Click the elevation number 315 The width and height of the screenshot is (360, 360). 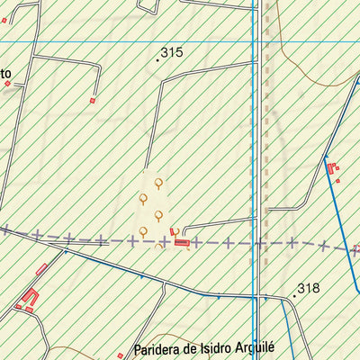point(172,53)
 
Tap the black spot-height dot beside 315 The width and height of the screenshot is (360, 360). point(157,59)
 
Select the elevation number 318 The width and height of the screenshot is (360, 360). point(309,289)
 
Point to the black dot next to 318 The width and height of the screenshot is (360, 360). point(294,294)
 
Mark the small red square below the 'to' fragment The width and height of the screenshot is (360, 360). point(7,84)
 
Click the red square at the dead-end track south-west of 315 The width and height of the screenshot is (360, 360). point(92,101)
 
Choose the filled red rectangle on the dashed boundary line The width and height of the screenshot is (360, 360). point(182,242)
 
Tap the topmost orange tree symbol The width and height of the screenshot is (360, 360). point(158,183)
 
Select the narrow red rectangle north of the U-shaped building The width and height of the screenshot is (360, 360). point(41,269)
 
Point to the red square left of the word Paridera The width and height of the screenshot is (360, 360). point(120,355)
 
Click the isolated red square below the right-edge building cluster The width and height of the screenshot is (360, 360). point(337,181)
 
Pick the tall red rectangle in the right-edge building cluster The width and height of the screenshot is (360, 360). point(329,167)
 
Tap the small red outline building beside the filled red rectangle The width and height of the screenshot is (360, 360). point(173,232)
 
